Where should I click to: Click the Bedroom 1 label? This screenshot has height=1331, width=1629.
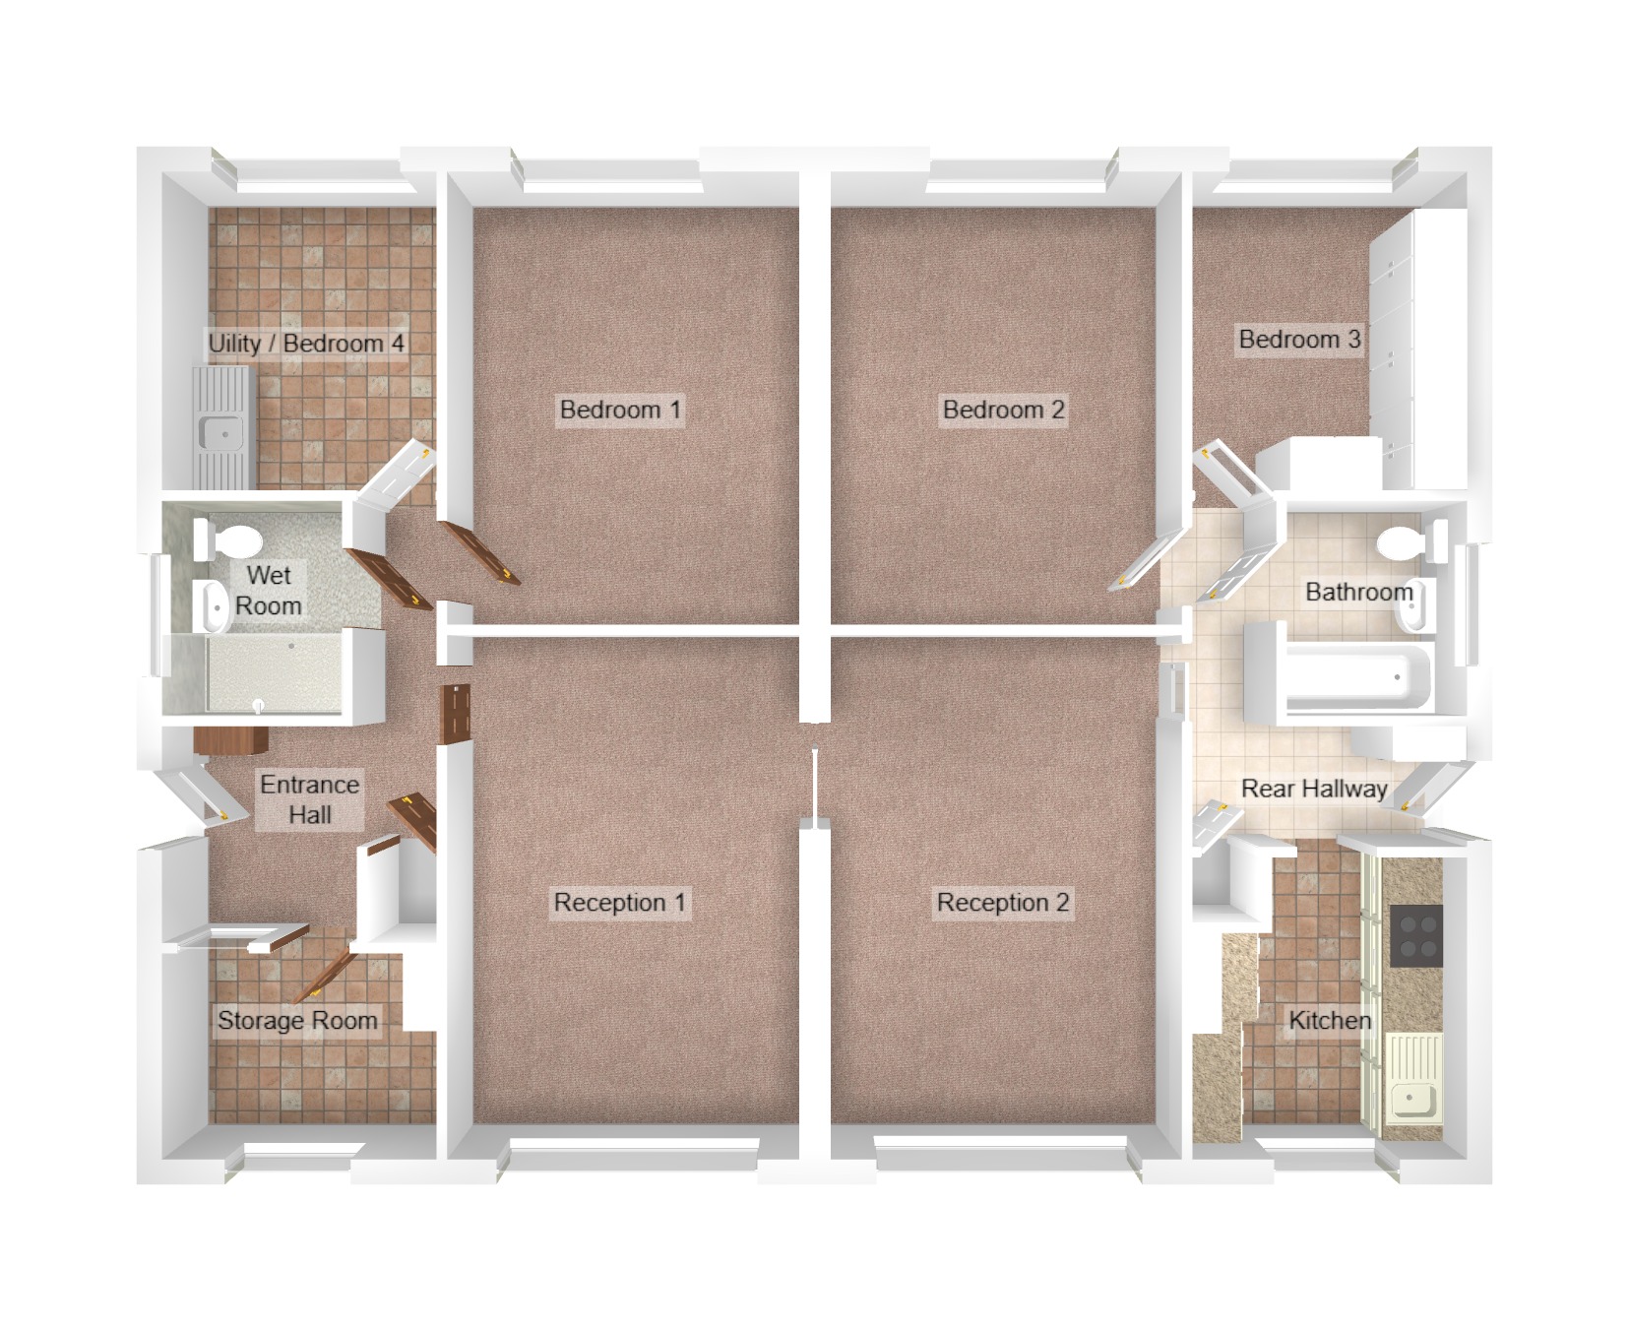pos(619,410)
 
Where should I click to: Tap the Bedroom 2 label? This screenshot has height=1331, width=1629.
pos(1003,410)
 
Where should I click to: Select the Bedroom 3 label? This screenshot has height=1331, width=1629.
pos(1298,340)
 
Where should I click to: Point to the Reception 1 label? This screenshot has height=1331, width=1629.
pos(618,903)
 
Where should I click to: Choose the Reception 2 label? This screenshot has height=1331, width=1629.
pos(1002,903)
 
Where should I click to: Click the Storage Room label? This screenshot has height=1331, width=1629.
pos(297,1021)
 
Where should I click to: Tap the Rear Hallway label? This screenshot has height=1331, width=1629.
pos(1313,789)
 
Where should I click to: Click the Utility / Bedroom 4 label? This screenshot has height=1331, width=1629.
pos(305,344)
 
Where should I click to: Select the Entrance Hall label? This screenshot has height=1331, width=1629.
pos(309,799)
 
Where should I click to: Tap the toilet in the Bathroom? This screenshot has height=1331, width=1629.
pos(1402,541)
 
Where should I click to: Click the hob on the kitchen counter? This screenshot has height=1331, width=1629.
pos(1416,936)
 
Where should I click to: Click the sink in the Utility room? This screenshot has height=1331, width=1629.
pos(219,431)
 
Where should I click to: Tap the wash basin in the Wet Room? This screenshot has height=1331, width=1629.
pos(212,604)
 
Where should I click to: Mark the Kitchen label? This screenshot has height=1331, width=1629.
pos(1329,1021)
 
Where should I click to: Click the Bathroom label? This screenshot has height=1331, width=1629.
pos(1358,592)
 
